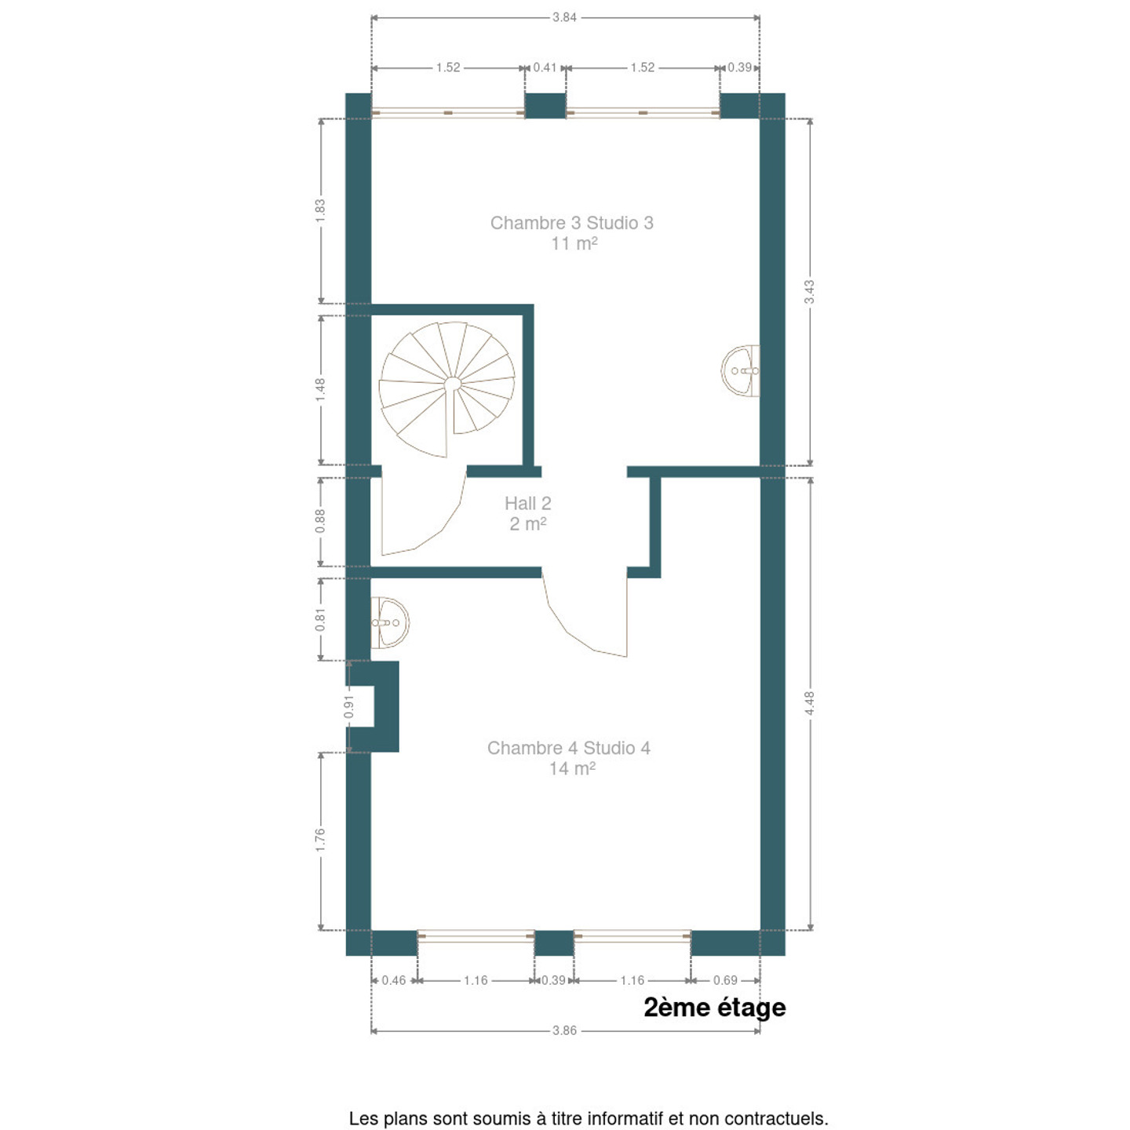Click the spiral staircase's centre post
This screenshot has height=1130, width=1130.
(451, 384)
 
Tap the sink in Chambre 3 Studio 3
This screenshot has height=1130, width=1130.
(740, 370)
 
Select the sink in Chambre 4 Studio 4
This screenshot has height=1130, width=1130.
(390, 622)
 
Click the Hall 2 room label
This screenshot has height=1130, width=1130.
(528, 513)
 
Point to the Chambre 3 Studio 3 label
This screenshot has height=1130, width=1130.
(572, 223)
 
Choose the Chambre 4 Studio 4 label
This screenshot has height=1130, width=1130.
(569, 748)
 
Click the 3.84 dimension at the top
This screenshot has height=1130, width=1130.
(564, 17)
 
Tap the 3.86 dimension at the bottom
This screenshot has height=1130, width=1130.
(564, 1030)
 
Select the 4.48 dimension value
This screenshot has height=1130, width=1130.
(809, 703)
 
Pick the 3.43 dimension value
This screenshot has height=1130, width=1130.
(809, 292)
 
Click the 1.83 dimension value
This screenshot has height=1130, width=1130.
(320, 211)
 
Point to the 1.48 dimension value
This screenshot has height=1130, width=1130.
(320, 390)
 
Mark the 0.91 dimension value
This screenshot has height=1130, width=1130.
(349, 706)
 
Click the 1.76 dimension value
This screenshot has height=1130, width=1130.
(320, 840)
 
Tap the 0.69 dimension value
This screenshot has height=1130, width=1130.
(725, 980)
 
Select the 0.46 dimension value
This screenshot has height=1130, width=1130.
(393, 980)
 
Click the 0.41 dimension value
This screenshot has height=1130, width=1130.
(545, 67)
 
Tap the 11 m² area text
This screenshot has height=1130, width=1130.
(574, 243)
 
